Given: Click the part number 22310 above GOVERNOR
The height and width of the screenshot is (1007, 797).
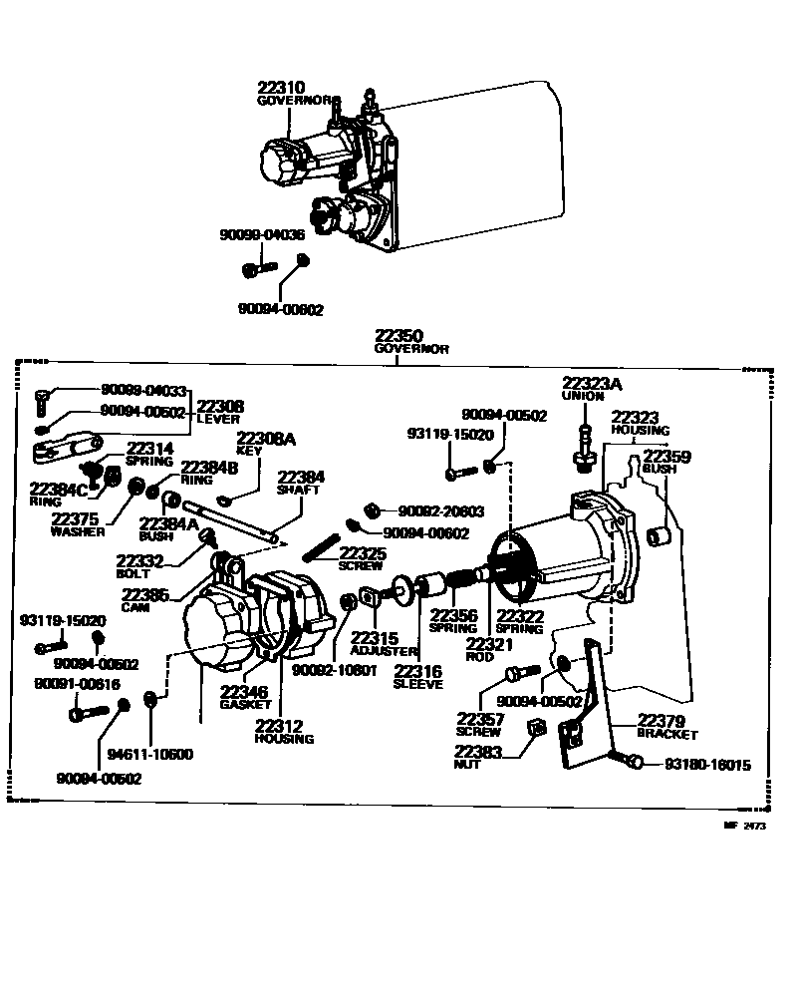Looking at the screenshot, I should pos(284,88).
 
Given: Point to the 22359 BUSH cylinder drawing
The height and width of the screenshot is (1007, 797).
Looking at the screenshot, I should pos(657,537).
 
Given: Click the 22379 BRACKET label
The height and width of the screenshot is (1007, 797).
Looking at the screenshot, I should pos(667,726).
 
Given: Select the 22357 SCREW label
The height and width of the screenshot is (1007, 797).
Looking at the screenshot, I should pos(480,724).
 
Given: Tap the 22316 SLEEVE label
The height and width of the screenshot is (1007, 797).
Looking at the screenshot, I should pos(417,677).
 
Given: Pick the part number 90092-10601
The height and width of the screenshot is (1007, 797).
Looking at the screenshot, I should pos(334,669).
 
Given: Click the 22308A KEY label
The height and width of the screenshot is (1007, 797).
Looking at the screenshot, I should pos(265,444).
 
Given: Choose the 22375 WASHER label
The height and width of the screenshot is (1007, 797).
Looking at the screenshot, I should pos(77,524).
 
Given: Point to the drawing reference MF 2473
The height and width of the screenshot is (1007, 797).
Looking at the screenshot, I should pos(746,826).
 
